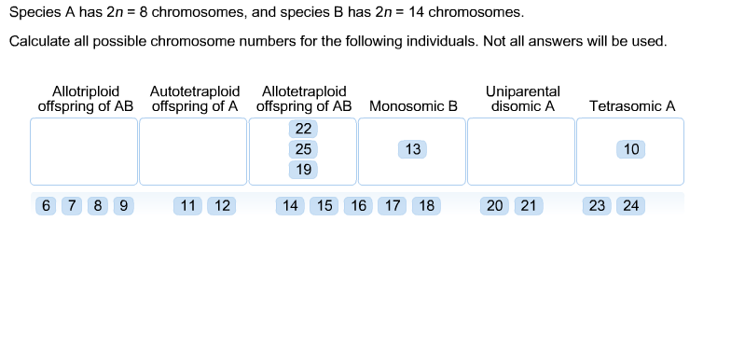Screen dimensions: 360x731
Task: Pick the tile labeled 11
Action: [x=189, y=206]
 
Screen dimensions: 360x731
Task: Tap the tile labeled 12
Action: [x=221, y=206]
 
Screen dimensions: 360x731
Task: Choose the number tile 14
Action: [x=291, y=206]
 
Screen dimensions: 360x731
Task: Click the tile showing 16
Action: [x=357, y=206]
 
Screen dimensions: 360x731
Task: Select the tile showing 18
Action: [x=424, y=206]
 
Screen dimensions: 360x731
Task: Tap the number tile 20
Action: [x=495, y=206]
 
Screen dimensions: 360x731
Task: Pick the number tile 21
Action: [x=528, y=206]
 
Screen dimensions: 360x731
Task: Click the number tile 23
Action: [x=597, y=206]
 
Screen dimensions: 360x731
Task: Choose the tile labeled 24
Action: [x=630, y=206]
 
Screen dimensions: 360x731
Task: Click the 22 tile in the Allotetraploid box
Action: [x=303, y=129]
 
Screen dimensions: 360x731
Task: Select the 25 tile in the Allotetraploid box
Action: [x=303, y=149]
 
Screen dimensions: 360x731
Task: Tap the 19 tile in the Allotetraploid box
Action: [x=303, y=170]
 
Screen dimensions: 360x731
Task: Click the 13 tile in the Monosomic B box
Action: [x=413, y=149]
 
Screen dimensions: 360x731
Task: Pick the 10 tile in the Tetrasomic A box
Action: [x=631, y=149]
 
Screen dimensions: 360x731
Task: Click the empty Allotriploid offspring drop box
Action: [x=84, y=151]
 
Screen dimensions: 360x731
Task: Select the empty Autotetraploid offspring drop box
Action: [x=194, y=151]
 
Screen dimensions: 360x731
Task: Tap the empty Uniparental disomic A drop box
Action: [x=521, y=151]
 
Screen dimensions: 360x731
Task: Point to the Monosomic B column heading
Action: [x=413, y=106]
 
